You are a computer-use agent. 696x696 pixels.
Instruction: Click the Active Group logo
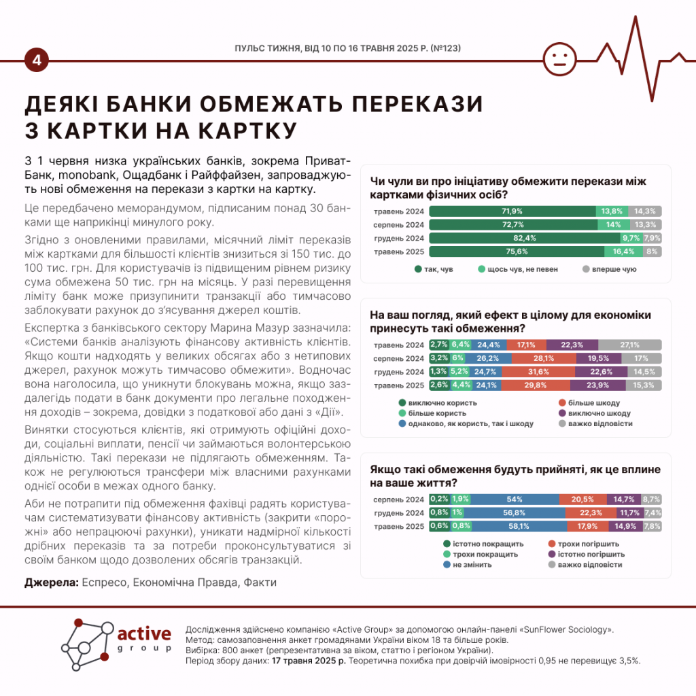(115, 641)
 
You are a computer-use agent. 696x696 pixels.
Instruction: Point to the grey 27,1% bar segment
(629, 345)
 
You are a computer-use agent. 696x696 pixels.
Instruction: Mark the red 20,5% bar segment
(582, 499)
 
